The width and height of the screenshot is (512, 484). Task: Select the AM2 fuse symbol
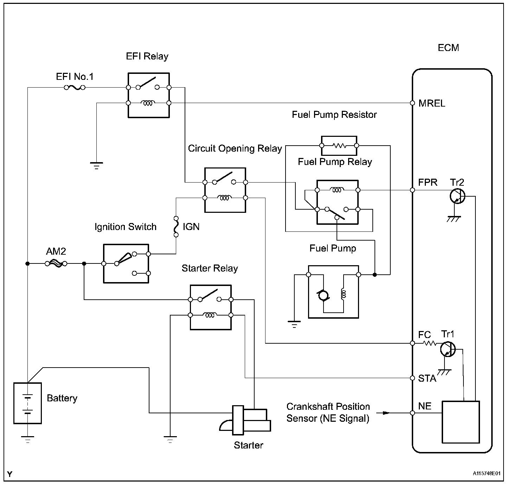coord(56,263)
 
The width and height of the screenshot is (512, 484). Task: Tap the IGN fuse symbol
coord(176,227)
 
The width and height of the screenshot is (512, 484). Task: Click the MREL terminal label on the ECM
coord(432,103)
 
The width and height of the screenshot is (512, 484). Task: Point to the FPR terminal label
coord(428,183)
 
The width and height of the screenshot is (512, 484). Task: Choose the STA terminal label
coord(427,378)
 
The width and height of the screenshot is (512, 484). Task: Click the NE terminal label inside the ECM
coord(425,406)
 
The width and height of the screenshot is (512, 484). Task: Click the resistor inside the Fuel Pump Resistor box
coord(339,145)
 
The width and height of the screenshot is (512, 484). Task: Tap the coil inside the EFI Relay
coord(148,103)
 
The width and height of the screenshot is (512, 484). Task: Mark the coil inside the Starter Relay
coord(210,315)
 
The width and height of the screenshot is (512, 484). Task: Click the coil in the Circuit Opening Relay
coord(224,198)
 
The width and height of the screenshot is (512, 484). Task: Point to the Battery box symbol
coord(27,403)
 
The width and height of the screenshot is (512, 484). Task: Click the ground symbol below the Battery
coord(27,439)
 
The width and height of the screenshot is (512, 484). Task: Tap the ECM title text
coord(448,48)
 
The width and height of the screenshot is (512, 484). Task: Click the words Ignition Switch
coord(125,227)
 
